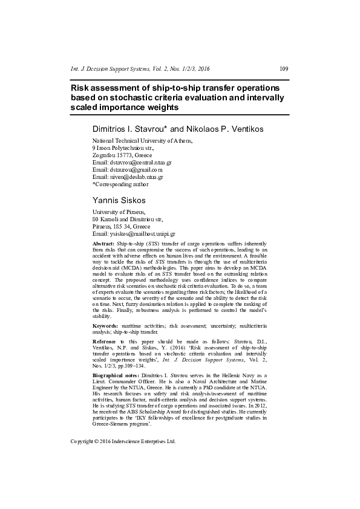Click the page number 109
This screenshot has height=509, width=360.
pos(284,68)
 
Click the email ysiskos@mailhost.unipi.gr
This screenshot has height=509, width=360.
pos(142,233)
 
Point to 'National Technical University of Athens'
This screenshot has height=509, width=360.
pos(142,140)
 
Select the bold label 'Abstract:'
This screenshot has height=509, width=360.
pos(103,242)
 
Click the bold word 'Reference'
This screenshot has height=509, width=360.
pos(105,342)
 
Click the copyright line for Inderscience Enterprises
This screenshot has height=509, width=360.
pos(123,441)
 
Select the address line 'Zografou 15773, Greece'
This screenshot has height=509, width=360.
pos(122,155)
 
